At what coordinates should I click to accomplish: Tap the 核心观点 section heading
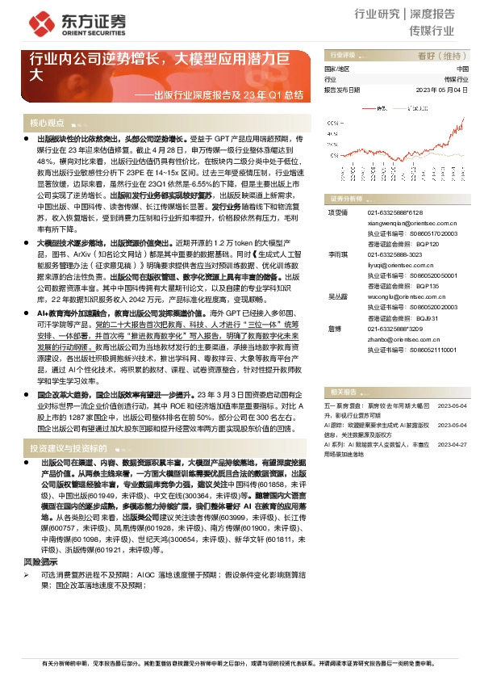[x=47, y=124]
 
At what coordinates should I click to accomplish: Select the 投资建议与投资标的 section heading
[x=67, y=447]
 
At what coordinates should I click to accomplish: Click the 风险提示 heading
[x=40, y=560]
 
